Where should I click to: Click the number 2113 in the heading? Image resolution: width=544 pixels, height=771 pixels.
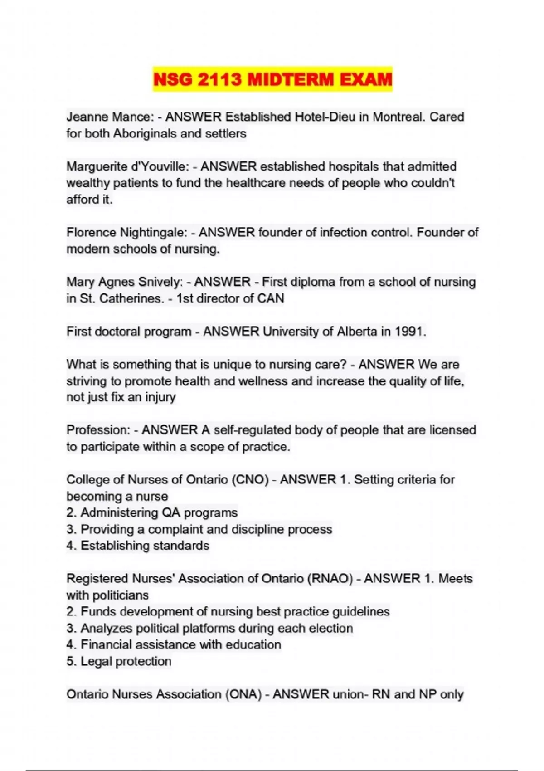[x=219, y=80]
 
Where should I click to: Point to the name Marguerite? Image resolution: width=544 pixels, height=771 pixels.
[x=97, y=166]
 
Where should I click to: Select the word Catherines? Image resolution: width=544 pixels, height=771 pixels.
[x=131, y=298]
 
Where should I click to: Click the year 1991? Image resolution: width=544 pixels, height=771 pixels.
[x=410, y=332]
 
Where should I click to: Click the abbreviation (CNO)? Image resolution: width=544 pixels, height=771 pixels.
[x=250, y=480]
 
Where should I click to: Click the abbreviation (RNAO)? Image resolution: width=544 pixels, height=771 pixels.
[x=330, y=579]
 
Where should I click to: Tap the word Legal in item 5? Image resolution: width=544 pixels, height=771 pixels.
[x=96, y=661]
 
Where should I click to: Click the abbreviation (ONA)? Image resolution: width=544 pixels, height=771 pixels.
[x=243, y=694]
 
